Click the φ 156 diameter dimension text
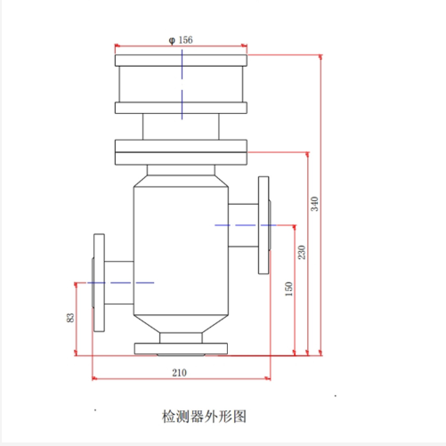click(x=180, y=40)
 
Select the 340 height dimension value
click(x=314, y=203)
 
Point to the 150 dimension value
click(x=288, y=289)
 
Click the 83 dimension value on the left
click(x=70, y=318)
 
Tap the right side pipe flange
click(x=263, y=225)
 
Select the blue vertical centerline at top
click(x=181, y=85)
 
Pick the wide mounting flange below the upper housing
click(x=180, y=150)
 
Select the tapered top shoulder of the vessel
click(x=180, y=175)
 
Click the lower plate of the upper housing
click(x=180, y=109)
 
